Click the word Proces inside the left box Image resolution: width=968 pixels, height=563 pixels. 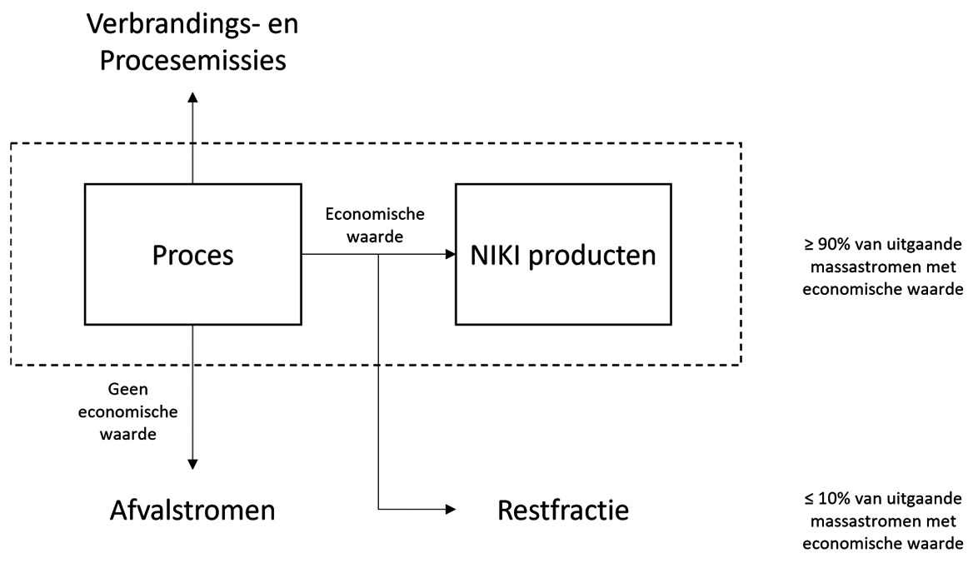click(x=192, y=255)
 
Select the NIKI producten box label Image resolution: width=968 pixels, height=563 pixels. click(x=563, y=255)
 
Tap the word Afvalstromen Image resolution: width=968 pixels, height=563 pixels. click(x=192, y=510)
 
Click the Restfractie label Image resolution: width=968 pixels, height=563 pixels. click(x=563, y=510)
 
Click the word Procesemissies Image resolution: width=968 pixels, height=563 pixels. click(x=192, y=62)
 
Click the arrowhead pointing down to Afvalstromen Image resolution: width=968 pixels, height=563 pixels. click(x=192, y=464)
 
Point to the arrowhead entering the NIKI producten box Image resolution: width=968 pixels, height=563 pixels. click(x=449, y=255)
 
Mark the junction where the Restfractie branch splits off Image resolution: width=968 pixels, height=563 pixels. click(x=379, y=255)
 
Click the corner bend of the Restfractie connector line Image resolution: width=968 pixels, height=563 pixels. click(x=379, y=510)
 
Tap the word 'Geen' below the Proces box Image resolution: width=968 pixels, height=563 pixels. click(x=134, y=388)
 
